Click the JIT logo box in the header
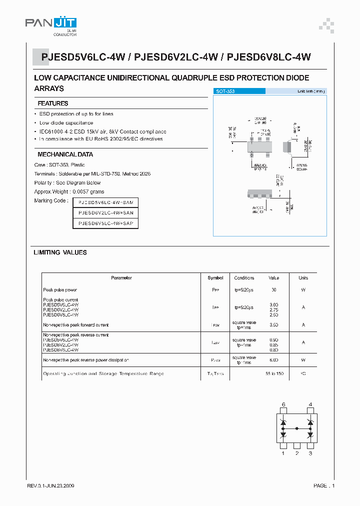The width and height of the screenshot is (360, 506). [x=65, y=22]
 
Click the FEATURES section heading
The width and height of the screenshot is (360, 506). [x=53, y=103]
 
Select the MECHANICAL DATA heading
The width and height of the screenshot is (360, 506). [x=65, y=154]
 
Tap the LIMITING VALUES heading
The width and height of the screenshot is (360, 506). [x=60, y=252]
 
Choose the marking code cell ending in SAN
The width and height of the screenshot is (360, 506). [x=106, y=213]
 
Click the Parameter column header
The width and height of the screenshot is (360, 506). [x=121, y=278]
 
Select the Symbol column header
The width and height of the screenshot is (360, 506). [x=215, y=278]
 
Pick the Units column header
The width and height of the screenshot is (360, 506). [x=303, y=278]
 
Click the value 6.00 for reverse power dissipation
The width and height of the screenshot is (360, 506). [x=274, y=360]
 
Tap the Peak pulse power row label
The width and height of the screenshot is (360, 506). [x=60, y=290]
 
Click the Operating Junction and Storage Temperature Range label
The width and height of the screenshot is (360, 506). [x=103, y=374]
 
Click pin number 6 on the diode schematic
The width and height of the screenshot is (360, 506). [x=283, y=404]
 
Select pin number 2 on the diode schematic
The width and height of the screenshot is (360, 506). [x=297, y=453]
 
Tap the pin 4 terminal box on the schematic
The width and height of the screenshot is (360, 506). [x=310, y=411]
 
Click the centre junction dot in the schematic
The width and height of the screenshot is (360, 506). [x=297, y=428]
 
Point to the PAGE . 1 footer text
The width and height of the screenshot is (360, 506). [x=324, y=486]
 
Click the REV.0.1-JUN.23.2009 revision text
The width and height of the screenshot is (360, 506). [x=53, y=486]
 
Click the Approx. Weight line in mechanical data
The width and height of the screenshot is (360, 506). [x=69, y=191]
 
